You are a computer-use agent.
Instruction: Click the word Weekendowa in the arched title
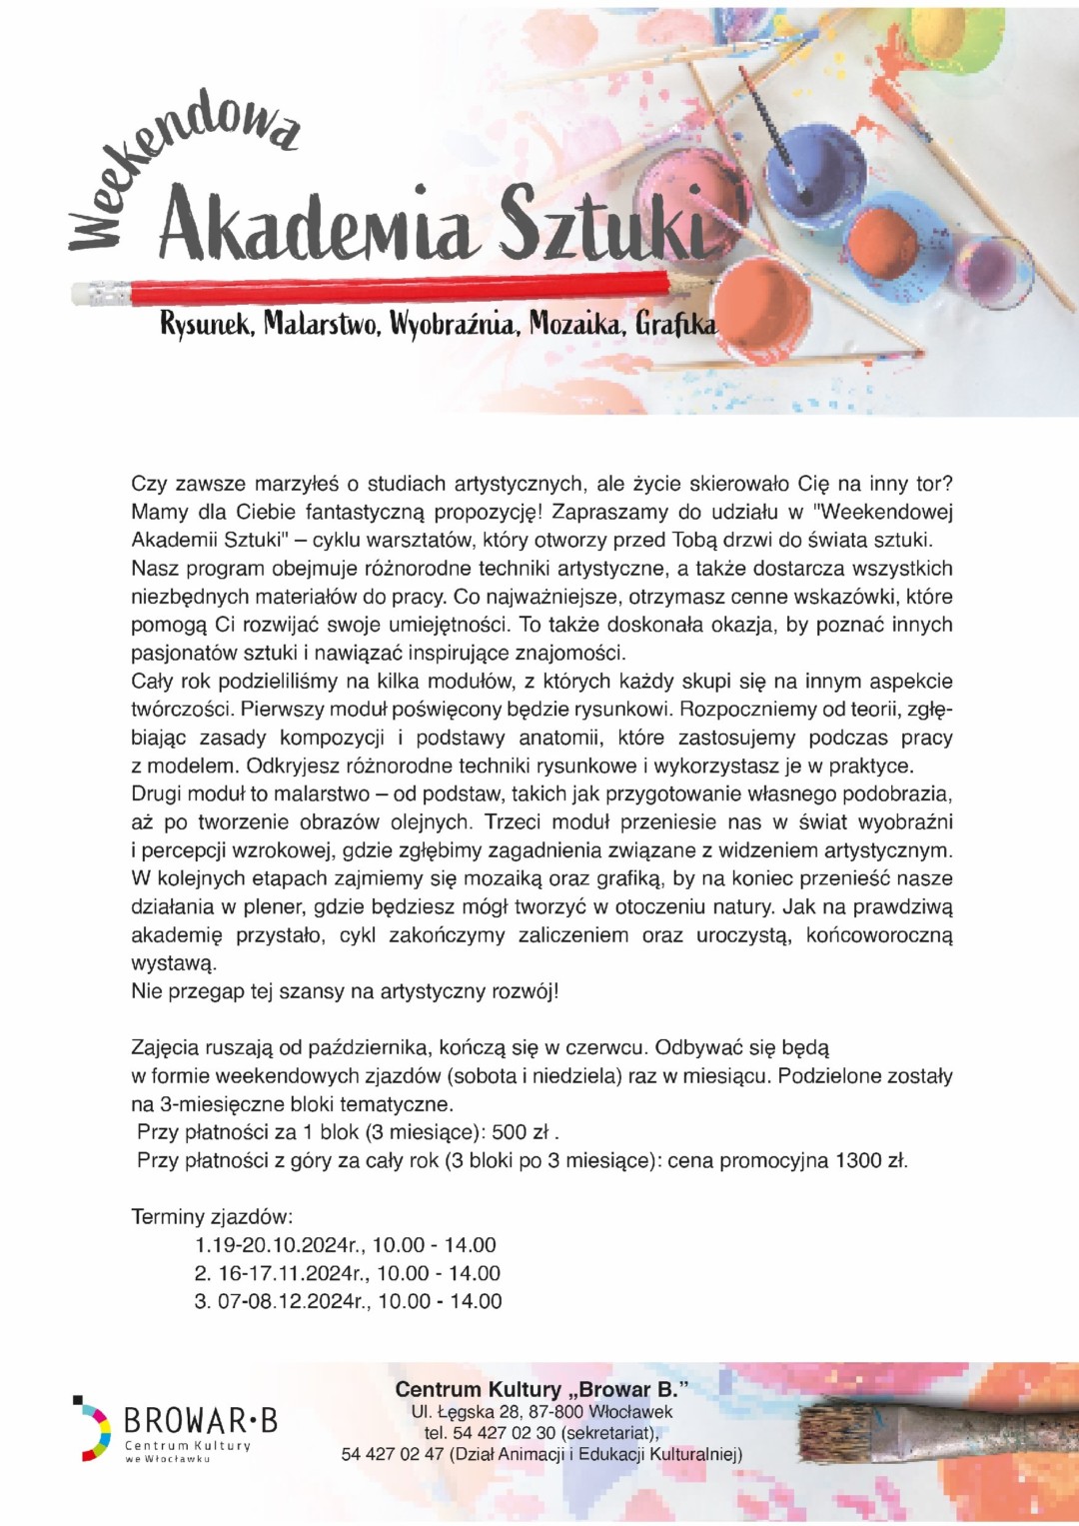point(180,160)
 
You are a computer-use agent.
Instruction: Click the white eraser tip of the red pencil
point(100,294)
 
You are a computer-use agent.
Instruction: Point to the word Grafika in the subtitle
point(676,324)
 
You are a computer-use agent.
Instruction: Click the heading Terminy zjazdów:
point(212,1216)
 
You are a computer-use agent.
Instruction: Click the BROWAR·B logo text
point(200,1420)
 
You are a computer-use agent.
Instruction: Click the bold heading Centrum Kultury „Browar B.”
point(541,1389)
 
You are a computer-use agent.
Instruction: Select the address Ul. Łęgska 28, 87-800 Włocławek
point(541,1412)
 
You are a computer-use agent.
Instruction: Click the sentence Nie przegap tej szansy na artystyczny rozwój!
point(345,991)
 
